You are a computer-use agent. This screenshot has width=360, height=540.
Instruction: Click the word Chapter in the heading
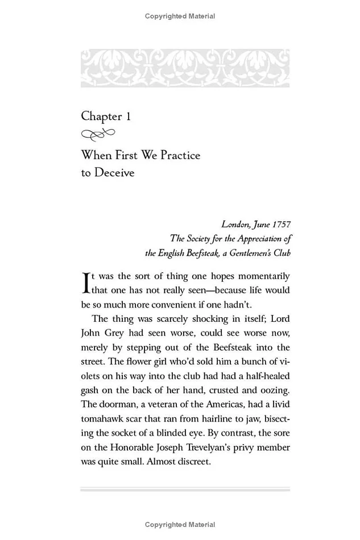[101, 117]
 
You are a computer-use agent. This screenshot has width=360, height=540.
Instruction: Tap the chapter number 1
[129, 117]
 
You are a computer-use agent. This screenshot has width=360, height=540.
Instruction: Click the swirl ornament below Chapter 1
[98, 135]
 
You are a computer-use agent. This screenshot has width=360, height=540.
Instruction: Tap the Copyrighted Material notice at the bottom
[180, 524]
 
